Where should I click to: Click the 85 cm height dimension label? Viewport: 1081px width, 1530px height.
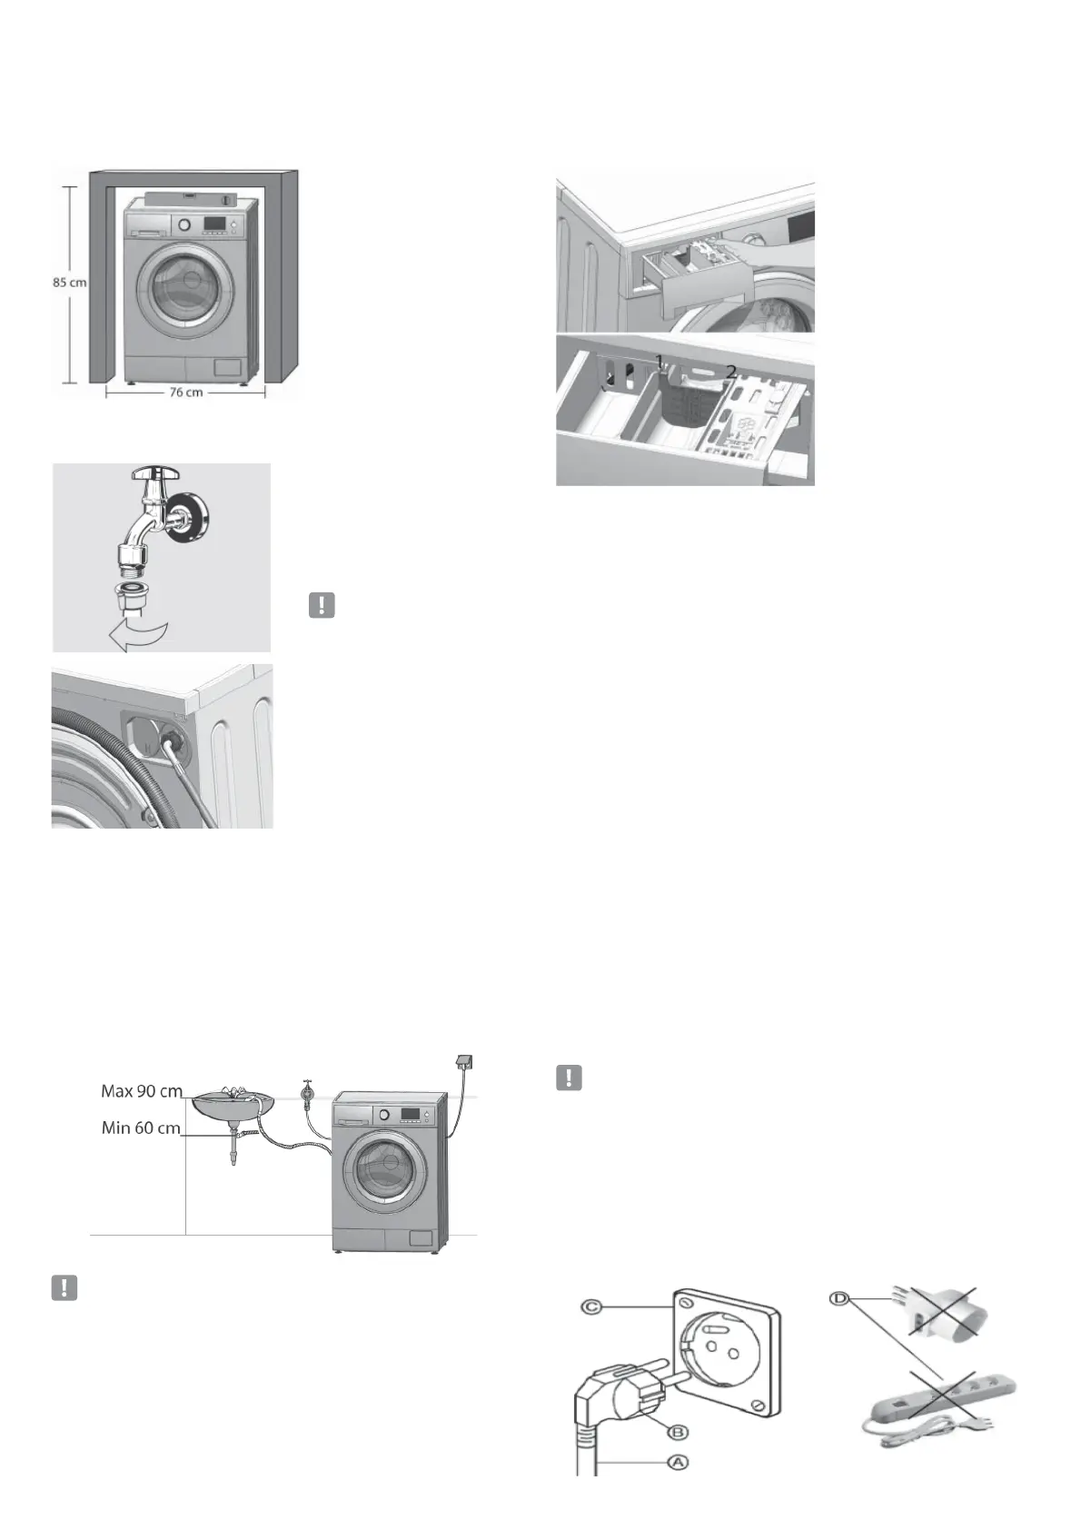pyautogui.click(x=69, y=283)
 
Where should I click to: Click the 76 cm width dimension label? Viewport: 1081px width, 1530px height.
pyautogui.click(x=185, y=392)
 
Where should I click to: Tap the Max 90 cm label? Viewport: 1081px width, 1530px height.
pyautogui.click(x=141, y=1090)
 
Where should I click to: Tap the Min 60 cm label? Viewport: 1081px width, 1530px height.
pyautogui.click(x=141, y=1128)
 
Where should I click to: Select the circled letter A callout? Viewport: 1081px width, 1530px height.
pyautogui.click(x=676, y=1462)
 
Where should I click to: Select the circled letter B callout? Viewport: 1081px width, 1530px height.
pyautogui.click(x=678, y=1432)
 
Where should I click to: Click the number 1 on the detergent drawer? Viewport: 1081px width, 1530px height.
pyautogui.click(x=660, y=361)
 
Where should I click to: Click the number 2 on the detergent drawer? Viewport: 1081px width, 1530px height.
pyautogui.click(x=730, y=372)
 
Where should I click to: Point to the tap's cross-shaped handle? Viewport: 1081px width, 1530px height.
pyautogui.click(x=157, y=473)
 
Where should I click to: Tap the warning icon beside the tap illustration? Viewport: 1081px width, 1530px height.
pyautogui.click(x=322, y=605)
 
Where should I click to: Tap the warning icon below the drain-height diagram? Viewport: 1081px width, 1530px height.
pyautogui.click(x=64, y=1287)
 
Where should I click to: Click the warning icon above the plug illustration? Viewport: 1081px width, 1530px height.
pyautogui.click(x=569, y=1078)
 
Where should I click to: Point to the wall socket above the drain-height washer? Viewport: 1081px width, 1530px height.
pyautogui.click(x=463, y=1062)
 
